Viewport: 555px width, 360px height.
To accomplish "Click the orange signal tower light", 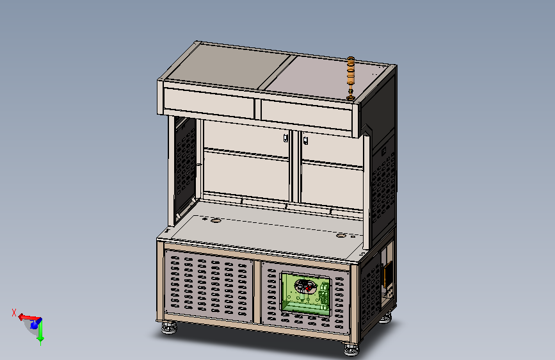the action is [x=351, y=78].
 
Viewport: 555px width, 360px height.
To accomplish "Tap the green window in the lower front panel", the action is [x=306, y=293].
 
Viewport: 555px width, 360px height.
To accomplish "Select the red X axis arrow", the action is [x=28, y=318].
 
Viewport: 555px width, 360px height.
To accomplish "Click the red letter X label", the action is [x=14, y=313].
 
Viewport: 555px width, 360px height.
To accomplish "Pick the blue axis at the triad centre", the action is [x=35, y=323].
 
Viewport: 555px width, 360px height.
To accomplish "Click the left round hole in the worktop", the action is [x=216, y=221].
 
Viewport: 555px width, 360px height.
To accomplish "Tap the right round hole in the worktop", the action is [x=341, y=235].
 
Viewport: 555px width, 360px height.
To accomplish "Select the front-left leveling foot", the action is [x=169, y=327].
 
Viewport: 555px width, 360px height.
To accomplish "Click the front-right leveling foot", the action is [x=351, y=349].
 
